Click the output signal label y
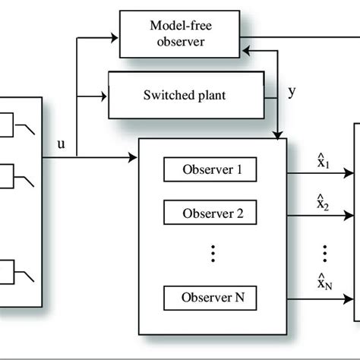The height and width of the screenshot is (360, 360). tap(292, 92)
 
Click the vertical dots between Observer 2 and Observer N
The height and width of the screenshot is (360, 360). tap(213, 253)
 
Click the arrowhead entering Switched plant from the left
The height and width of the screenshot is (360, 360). tap(105, 96)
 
